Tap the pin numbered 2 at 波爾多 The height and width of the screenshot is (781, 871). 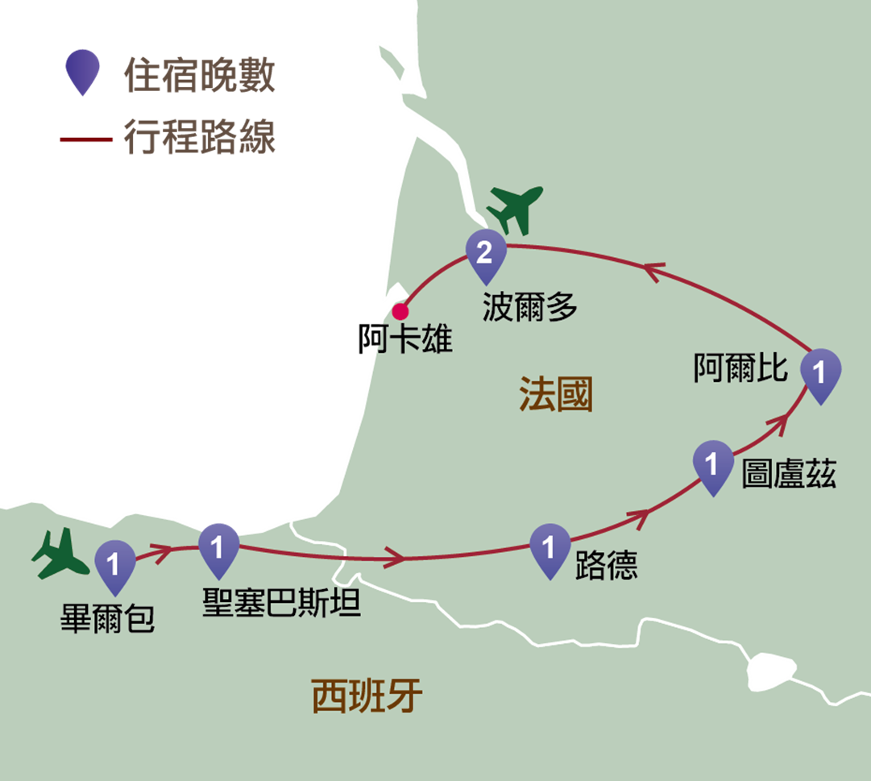click(x=486, y=255)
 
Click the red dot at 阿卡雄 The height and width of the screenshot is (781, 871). click(x=400, y=312)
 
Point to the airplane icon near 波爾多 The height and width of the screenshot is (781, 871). click(x=515, y=210)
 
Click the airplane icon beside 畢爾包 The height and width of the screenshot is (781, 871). click(x=60, y=554)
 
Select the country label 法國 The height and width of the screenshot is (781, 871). click(x=556, y=394)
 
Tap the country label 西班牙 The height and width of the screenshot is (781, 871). click(x=367, y=696)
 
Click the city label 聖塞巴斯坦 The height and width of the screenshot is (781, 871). click(x=282, y=603)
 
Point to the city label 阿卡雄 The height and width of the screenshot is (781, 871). click(x=405, y=339)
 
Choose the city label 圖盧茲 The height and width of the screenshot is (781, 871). click(x=789, y=474)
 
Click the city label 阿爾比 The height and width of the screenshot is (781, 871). click(x=740, y=368)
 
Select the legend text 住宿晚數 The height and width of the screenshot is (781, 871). click(x=199, y=74)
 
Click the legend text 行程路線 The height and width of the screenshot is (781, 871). click(x=199, y=136)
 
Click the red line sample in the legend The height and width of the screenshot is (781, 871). click(x=86, y=139)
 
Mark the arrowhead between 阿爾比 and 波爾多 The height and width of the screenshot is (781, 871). click(x=654, y=272)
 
